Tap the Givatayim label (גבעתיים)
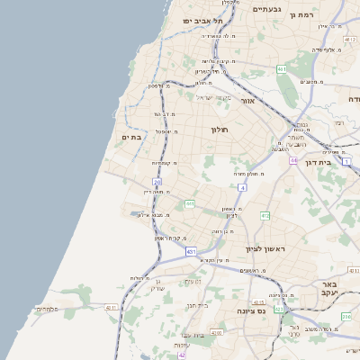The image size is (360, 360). [x=267, y=9]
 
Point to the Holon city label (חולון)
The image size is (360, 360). [x=221, y=130]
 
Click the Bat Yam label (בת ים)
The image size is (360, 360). [x=131, y=136]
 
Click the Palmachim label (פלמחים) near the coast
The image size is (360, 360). [x=47, y=309]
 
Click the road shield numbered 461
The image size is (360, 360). [x=283, y=68]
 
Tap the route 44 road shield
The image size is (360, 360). [x=293, y=160]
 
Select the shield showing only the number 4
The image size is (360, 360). [x=242, y=187]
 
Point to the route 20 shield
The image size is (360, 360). [x=157, y=182]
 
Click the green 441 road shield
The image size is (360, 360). [x=190, y=204]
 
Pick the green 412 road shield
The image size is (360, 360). [x=265, y=216]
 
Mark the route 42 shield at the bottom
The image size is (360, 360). [x=182, y=355]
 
